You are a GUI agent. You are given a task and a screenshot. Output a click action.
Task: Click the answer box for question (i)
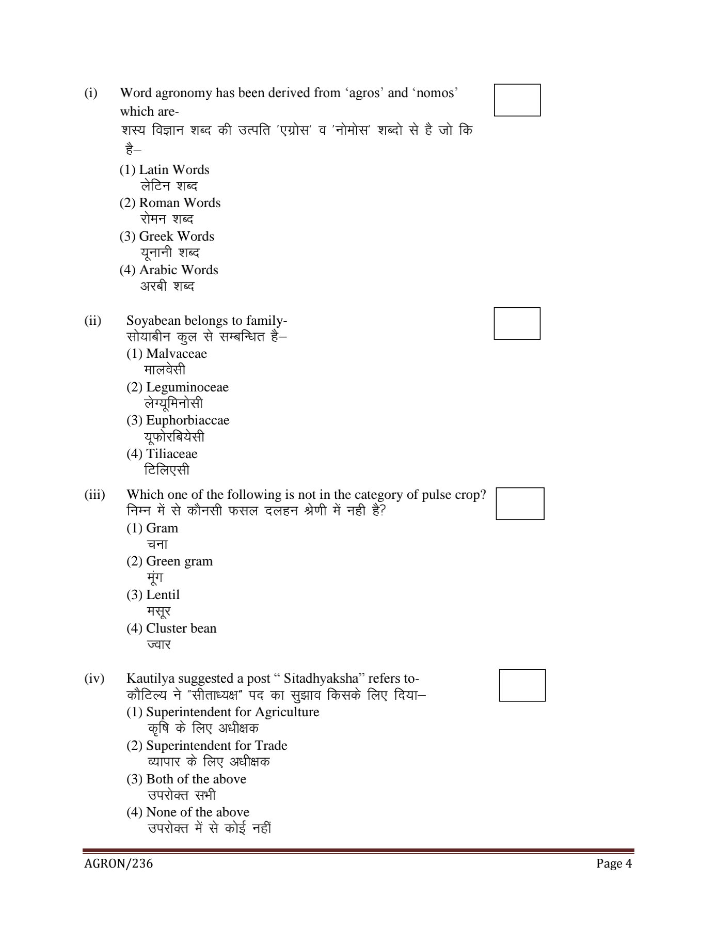click(517, 100)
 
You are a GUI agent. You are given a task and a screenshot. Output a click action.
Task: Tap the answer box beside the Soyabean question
click(517, 323)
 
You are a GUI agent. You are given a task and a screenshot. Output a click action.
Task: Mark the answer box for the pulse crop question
click(520, 504)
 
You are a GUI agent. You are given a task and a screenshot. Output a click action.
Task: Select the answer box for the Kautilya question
click(522, 685)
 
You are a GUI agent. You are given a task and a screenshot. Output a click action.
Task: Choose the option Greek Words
click(167, 237)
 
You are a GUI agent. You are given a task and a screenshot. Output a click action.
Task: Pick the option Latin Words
click(164, 170)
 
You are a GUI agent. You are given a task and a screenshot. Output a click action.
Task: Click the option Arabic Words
click(169, 270)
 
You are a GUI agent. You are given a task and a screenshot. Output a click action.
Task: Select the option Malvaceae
click(167, 354)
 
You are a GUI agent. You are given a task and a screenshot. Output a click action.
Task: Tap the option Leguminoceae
click(178, 387)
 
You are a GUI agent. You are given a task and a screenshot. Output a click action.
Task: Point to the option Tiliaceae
click(162, 454)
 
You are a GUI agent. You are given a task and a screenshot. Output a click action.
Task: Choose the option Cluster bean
click(171, 628)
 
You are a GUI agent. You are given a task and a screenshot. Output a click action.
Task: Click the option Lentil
click(153, 595)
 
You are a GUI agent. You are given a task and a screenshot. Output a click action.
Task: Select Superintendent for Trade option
click(207, 746)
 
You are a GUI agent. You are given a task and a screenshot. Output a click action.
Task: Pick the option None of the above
click(188, 812)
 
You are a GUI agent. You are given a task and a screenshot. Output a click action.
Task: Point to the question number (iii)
click(94, 495)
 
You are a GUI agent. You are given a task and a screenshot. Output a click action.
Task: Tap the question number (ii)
click(93, 321)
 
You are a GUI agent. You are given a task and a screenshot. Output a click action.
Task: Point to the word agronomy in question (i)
click(179, 93)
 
